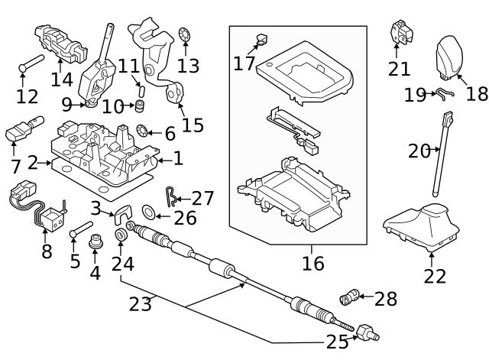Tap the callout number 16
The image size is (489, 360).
click(313, 264)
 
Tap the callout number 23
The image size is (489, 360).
click(140, 304)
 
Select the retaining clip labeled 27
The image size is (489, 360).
click(173, 199)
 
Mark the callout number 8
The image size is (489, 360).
click(47, 251)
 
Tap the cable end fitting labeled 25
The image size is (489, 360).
click(368, 332)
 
